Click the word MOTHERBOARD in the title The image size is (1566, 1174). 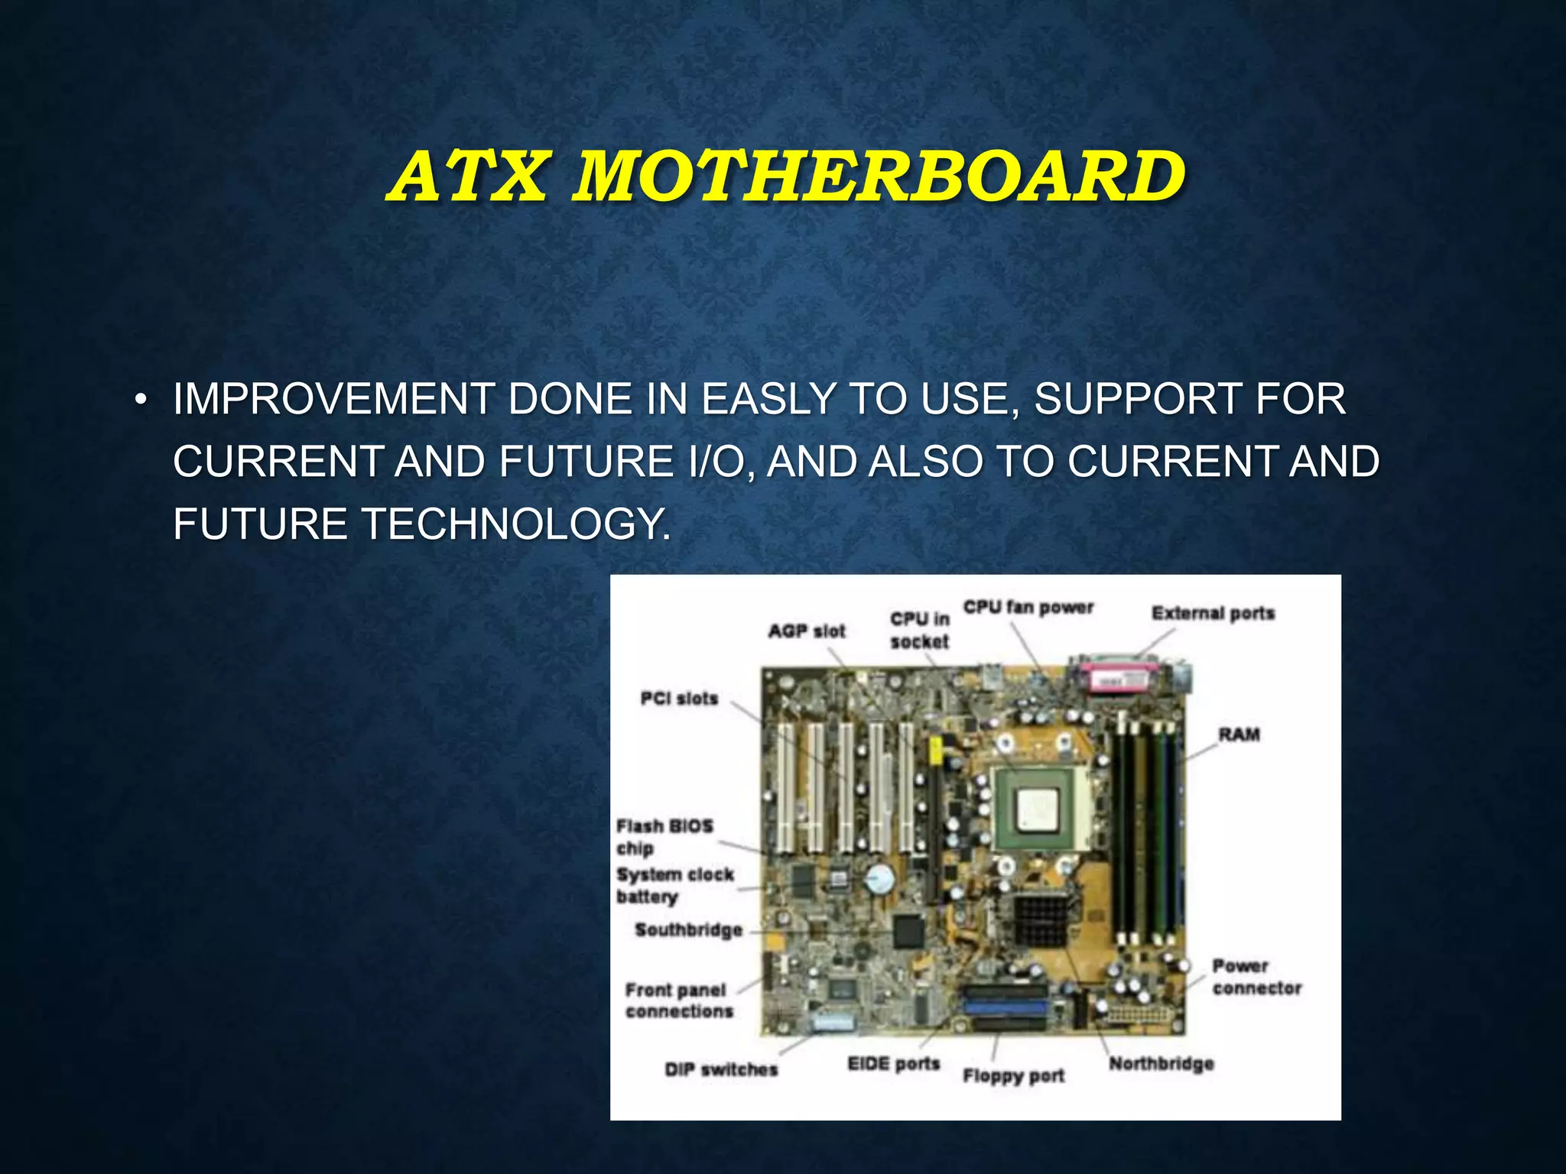click(x=879, y=177)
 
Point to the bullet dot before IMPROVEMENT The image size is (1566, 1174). click(x=139, y=401)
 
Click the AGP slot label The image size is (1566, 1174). click(x=807, y=631)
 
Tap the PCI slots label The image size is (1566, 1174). click(x=679, y=699)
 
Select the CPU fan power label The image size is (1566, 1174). click(x=1028, y=608)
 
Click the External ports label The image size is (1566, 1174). click(x=1213, y=613)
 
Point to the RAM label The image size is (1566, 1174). click(x=1239, y=735)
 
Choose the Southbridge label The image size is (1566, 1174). click(x=688, y=930)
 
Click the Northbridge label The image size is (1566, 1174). click(x=1161, y=1063)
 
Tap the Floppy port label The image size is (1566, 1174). click(x=1013, y=1075)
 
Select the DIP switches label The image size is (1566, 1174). click(x=720, y=1069)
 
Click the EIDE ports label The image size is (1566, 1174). click(x=893, y=1063)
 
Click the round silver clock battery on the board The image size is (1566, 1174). click(x=879, y=880)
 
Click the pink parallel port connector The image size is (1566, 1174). click(x=1118, y=678)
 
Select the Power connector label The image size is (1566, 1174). click(x=1256, y=977)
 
